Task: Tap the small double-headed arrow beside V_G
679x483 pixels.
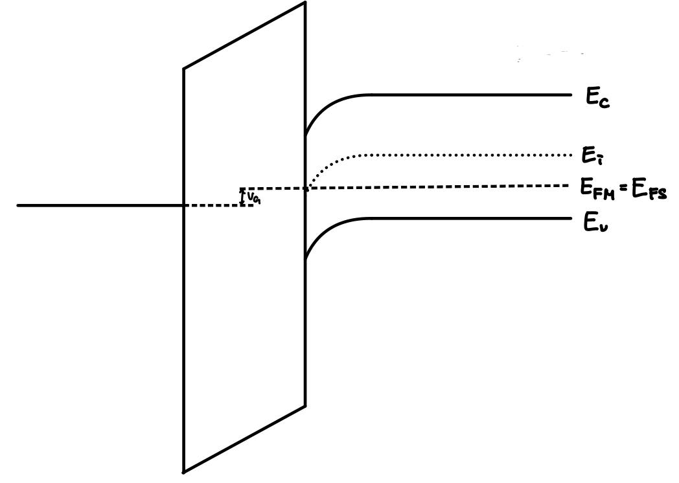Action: (242, 197)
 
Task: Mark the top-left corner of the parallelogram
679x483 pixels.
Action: (184, 68)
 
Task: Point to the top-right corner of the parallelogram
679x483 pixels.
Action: (305, 3)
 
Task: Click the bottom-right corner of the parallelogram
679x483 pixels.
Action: (305, 406)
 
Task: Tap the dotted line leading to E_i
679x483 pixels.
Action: (454, 155)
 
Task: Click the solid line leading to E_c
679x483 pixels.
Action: (466, 95)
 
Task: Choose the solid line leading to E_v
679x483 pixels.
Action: (466, 218)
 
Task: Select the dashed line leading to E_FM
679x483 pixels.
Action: (441, 187)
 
